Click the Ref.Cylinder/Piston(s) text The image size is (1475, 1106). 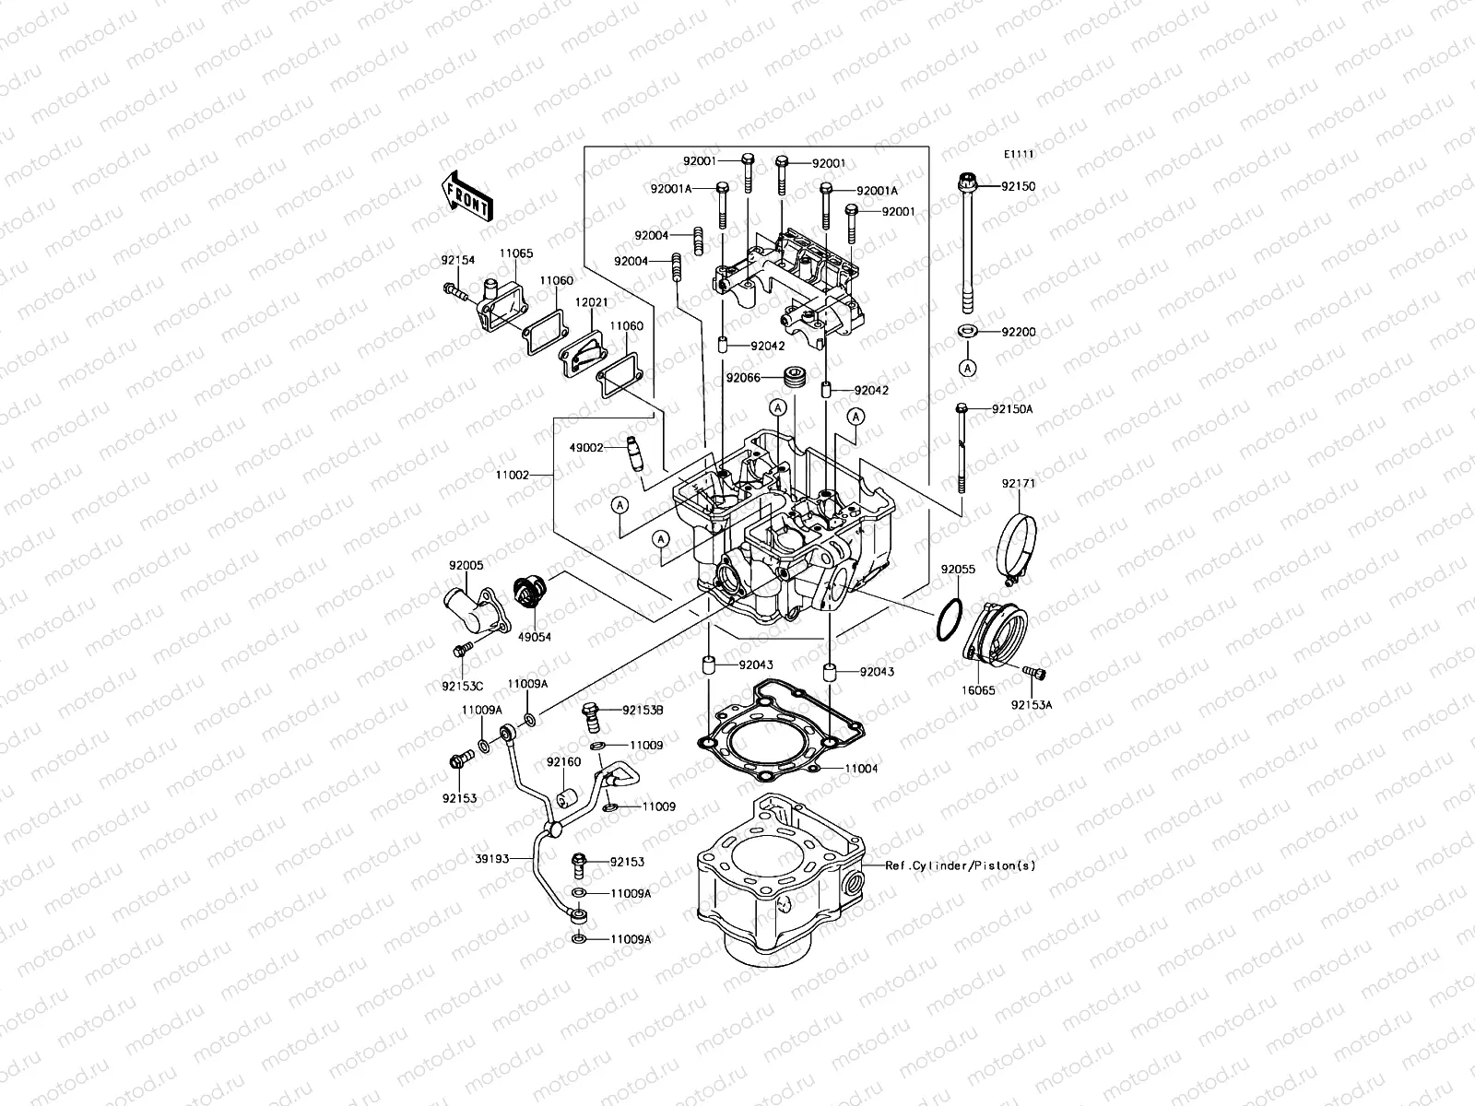pos(961,866)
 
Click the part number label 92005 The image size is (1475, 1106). pos(466,564)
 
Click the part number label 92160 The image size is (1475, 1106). pos(562,762)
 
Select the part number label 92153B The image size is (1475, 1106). pos(643,710)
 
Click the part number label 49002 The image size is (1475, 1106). pos(585,447)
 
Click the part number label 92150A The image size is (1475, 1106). pos(1012,408)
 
